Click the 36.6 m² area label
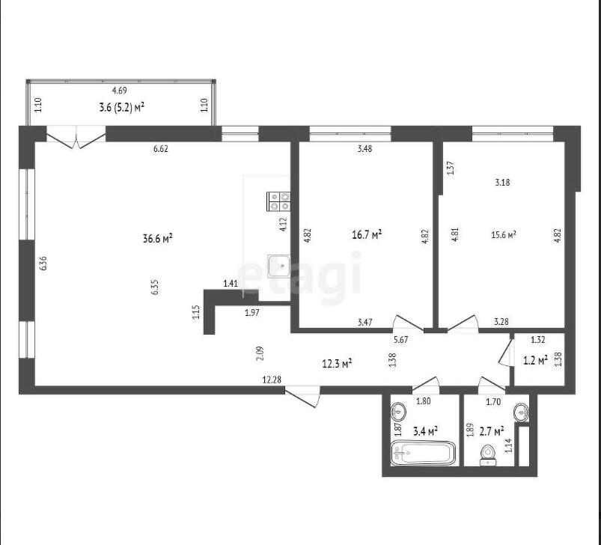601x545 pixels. (157, 238)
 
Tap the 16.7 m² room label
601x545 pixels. (367, 234)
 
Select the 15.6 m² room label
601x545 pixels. (503, 235)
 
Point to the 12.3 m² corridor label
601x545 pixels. (338, 363)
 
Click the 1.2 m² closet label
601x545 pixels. (535, 360)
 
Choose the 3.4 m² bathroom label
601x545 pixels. (425, 431)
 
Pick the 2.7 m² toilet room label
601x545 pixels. (492, 431)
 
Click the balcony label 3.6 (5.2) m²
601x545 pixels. (121, 107)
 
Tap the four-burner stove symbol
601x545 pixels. (278, 201)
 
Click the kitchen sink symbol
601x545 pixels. (279, 266)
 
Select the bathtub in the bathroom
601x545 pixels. (423, 454)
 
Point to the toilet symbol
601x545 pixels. (487, 455)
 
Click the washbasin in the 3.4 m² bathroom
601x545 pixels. (398, 411)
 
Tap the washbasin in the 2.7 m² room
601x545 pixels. (521, 412)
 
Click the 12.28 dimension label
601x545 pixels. (272, 380)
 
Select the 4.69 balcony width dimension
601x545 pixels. (119, 91)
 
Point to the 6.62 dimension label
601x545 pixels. (161, 149)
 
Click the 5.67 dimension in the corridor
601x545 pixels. (400, 340)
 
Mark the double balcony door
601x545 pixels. (76, 137)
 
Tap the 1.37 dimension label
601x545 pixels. (451, 168)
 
